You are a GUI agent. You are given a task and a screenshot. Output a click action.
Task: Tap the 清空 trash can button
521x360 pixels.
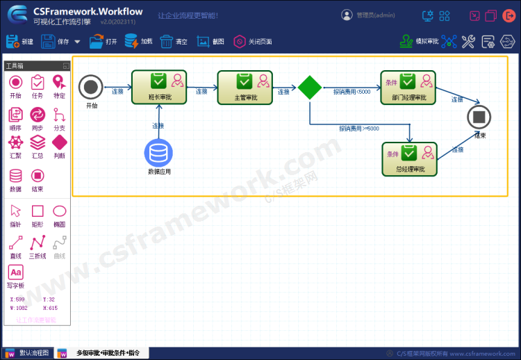174,42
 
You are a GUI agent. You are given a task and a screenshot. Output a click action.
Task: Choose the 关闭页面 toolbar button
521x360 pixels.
253,42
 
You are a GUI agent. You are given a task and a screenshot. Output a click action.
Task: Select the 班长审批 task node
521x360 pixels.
160,87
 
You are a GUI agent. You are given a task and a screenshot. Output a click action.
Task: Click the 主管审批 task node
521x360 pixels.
245,87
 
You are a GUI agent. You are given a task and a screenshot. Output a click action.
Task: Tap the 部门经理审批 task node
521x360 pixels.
408,87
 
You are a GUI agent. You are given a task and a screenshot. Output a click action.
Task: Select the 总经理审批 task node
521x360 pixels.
409,158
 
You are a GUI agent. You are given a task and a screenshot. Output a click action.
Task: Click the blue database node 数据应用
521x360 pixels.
158,153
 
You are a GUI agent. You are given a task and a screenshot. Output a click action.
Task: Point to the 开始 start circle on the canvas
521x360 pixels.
90,88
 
